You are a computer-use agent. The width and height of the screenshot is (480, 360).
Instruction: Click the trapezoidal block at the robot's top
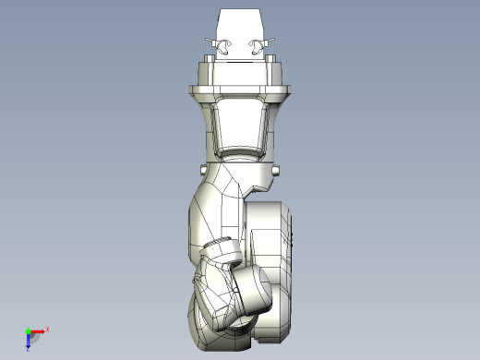click(242, 23)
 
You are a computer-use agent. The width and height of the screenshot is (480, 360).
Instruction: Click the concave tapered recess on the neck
click(241, 124)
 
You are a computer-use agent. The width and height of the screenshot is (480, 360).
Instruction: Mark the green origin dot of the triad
click(28, 330)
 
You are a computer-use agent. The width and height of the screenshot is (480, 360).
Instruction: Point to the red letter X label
click(47, 328)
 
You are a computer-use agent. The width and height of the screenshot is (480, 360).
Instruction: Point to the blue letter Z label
click(29, 349)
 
